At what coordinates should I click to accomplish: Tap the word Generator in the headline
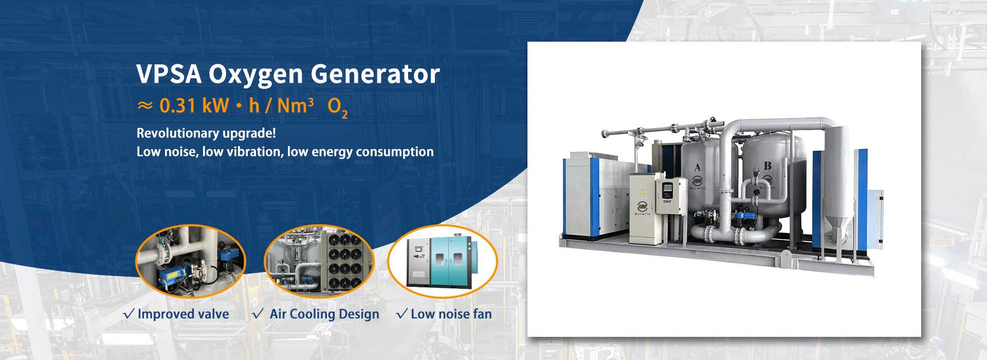376,74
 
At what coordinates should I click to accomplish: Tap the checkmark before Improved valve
130,314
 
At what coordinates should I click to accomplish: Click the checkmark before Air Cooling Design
259,314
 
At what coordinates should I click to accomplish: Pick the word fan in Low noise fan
482,314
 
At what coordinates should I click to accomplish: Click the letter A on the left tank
698,167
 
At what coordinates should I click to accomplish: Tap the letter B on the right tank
767,166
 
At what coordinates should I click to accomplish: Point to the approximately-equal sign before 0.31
145,106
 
